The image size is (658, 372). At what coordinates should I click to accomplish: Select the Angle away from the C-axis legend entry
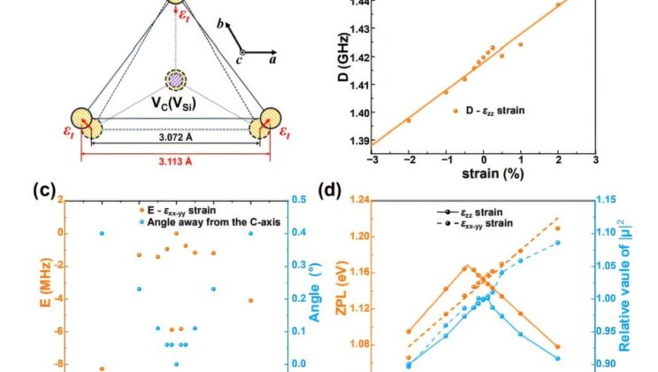click(x=211, y=222)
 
